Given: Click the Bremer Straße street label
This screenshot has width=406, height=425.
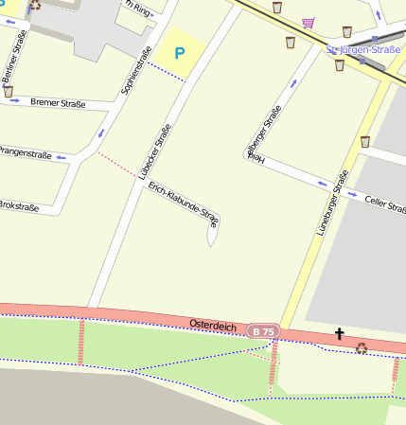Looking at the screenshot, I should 58,102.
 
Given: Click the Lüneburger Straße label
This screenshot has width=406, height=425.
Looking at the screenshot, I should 327,202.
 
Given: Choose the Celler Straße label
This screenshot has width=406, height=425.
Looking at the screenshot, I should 383,201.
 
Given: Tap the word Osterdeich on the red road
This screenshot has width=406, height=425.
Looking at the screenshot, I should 212,325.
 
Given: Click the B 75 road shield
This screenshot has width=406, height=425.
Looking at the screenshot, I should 263,331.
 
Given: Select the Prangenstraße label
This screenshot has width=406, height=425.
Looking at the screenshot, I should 25,151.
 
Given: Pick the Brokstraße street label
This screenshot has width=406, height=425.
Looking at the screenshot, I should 18,204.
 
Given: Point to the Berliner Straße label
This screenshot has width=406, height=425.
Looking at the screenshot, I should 11,60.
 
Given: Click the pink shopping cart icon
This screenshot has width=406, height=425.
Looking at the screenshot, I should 308,21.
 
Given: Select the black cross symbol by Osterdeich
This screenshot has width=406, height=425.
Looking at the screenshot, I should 339,333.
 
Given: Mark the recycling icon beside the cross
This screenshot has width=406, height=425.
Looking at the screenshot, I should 361,348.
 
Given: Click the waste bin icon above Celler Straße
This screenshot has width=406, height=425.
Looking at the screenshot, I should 364,142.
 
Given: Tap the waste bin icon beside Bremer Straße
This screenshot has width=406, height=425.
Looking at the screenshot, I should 9,92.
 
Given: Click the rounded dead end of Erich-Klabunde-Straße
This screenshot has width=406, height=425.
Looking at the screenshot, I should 210,242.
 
